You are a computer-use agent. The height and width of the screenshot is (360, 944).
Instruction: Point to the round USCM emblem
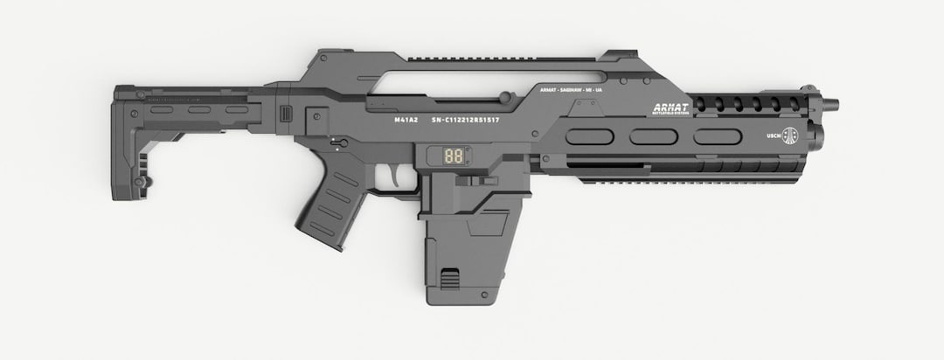(790, 135)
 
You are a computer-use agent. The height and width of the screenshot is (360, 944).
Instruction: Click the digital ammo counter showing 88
(454, 158)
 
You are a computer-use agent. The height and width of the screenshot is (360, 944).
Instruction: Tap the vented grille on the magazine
(449, 280)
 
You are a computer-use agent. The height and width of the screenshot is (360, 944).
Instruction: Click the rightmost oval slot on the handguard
(717, 137)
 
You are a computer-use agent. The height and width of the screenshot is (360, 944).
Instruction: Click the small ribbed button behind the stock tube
(283, 115)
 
